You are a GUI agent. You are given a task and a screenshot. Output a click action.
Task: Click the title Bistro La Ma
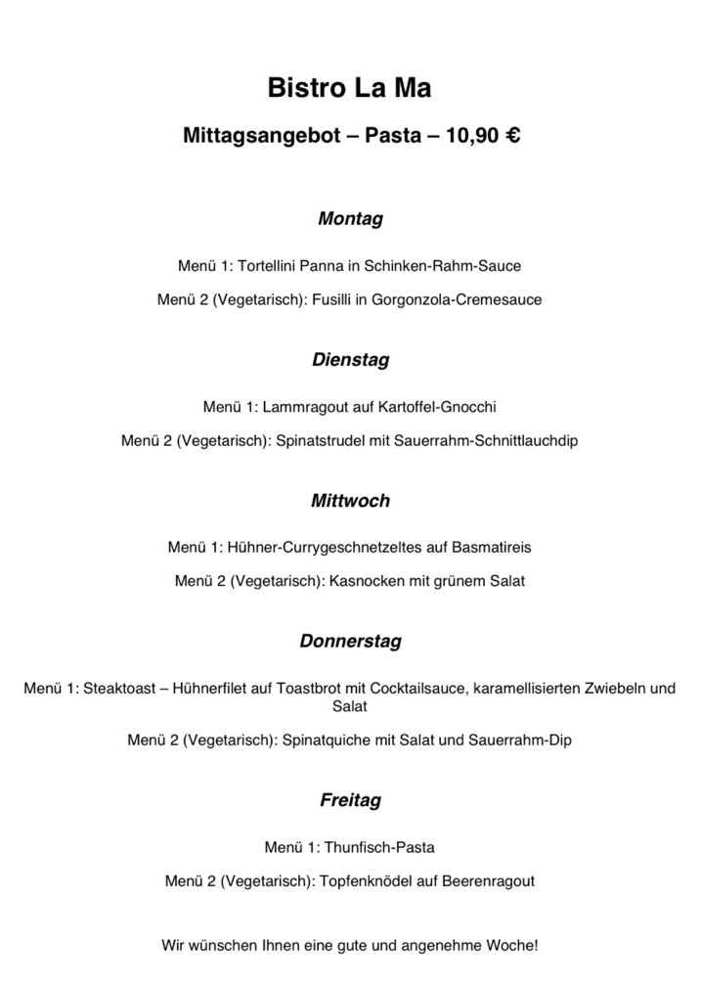[x=349, y=89]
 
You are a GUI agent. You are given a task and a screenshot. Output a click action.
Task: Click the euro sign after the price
[x=511, y=137]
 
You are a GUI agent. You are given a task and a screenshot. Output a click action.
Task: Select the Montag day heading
[x=350, y=219]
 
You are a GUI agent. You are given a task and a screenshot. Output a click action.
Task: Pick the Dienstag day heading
[x=350, y=360]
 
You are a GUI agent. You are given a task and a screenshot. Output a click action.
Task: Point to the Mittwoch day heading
[x=350, y=501]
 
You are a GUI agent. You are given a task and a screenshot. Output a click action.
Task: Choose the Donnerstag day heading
[x=350, y=642]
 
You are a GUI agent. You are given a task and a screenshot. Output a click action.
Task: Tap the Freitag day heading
[x=350, y=800]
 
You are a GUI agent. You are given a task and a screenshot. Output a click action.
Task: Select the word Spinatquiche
[x=323, y=740]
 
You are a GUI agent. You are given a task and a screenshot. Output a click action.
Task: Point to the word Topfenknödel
[x=365, y=880]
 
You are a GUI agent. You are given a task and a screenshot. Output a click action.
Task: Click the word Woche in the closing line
[x=513, y=946]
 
